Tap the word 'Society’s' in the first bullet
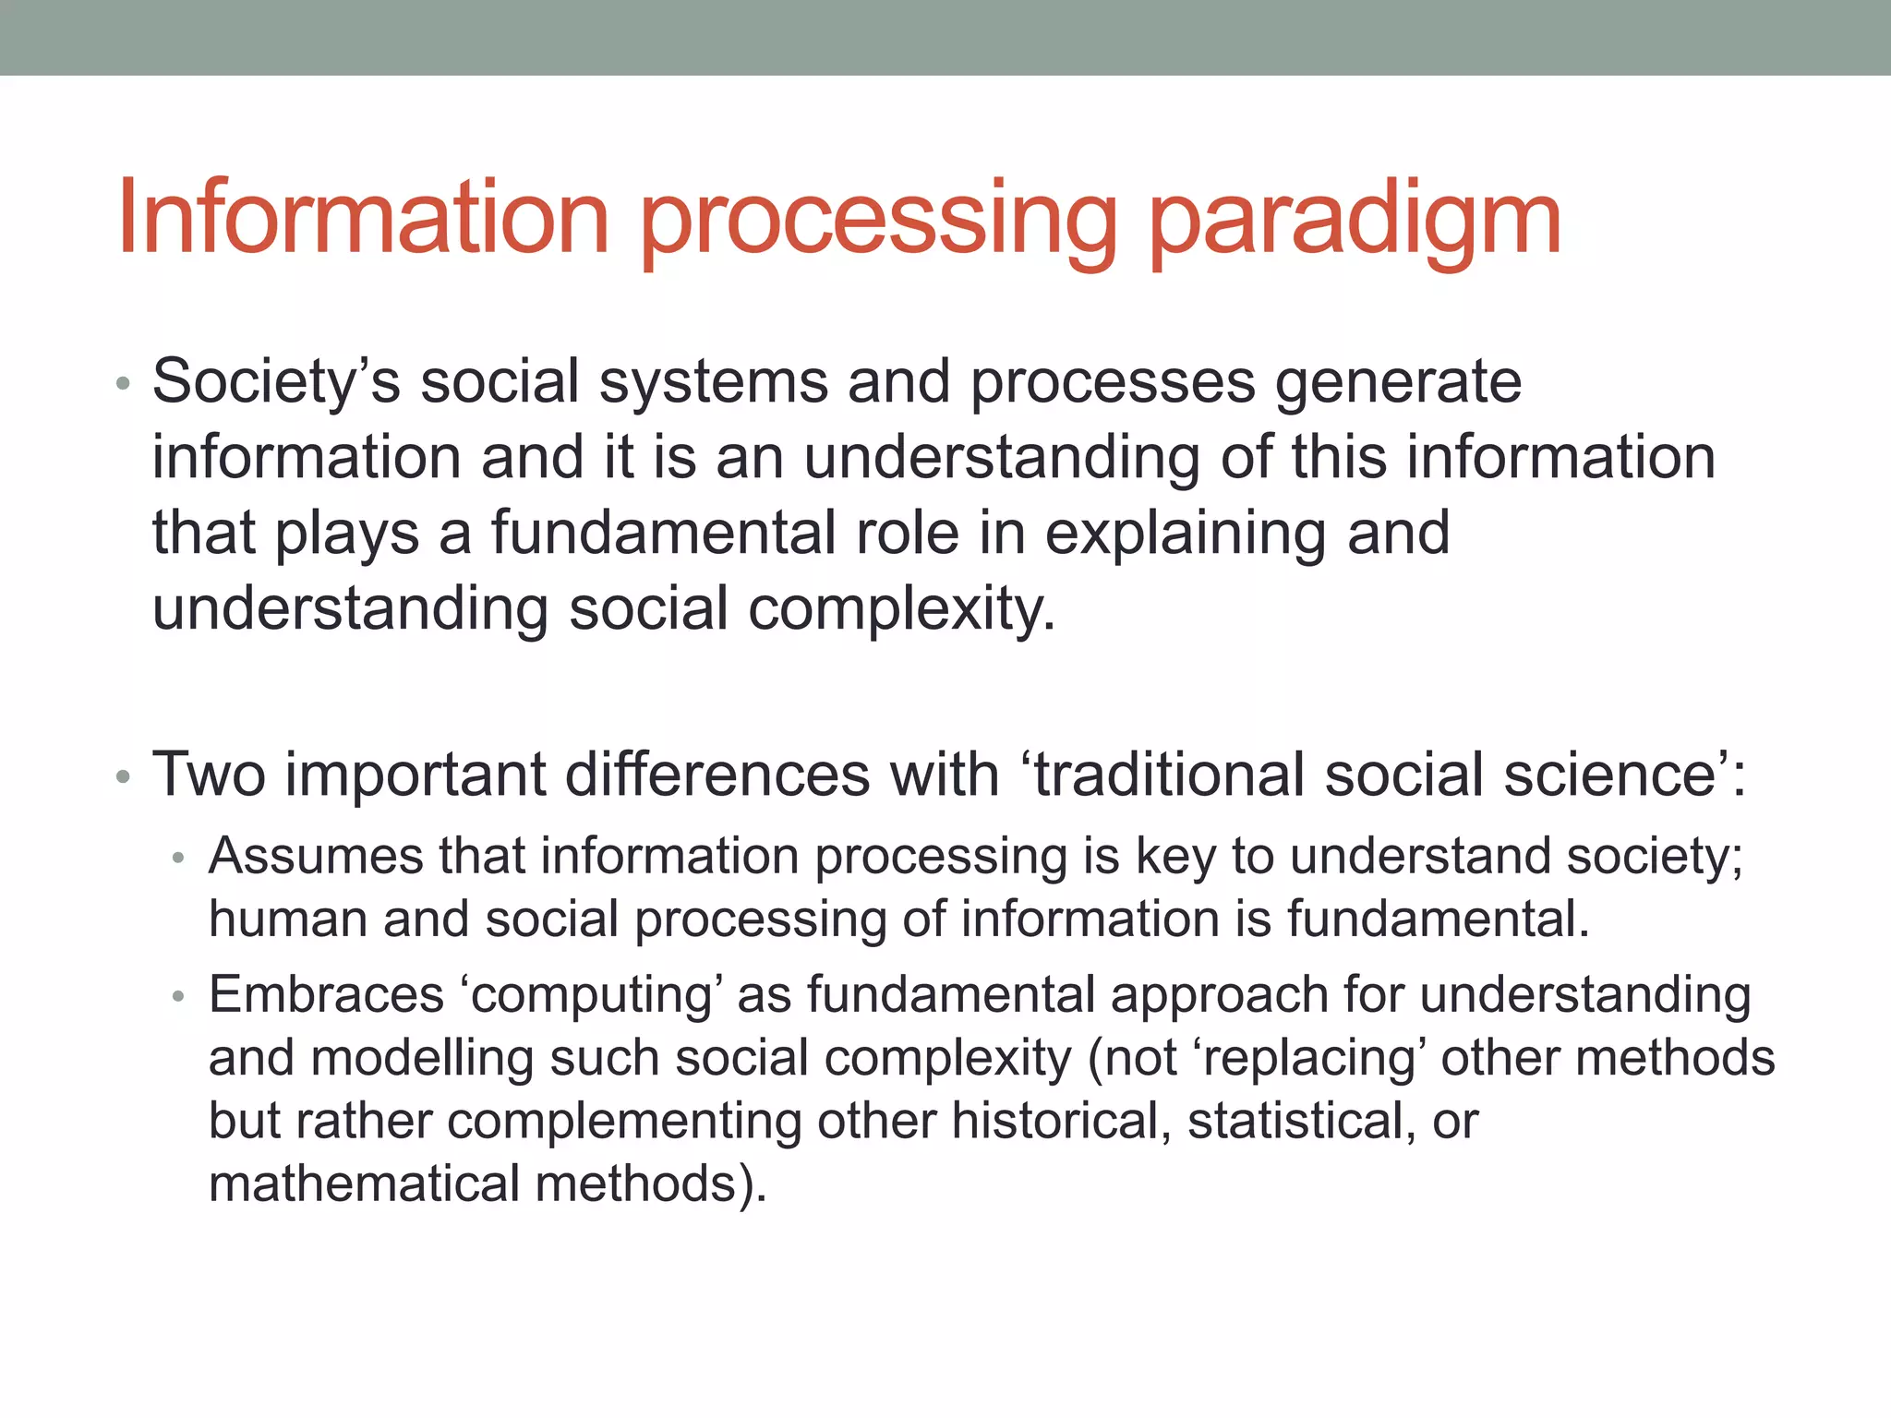[x=276, y=382]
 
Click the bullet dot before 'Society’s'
[x=124, y=384]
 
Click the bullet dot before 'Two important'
[x=124, y=776]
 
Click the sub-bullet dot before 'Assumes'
[x=179, y=859]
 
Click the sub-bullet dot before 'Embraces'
[x=179, y=997]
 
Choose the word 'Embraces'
[x=326, y=995]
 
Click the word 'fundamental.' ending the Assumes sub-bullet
[x=1438, y=919]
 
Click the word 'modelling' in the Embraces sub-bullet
[x=422, y=1059]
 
